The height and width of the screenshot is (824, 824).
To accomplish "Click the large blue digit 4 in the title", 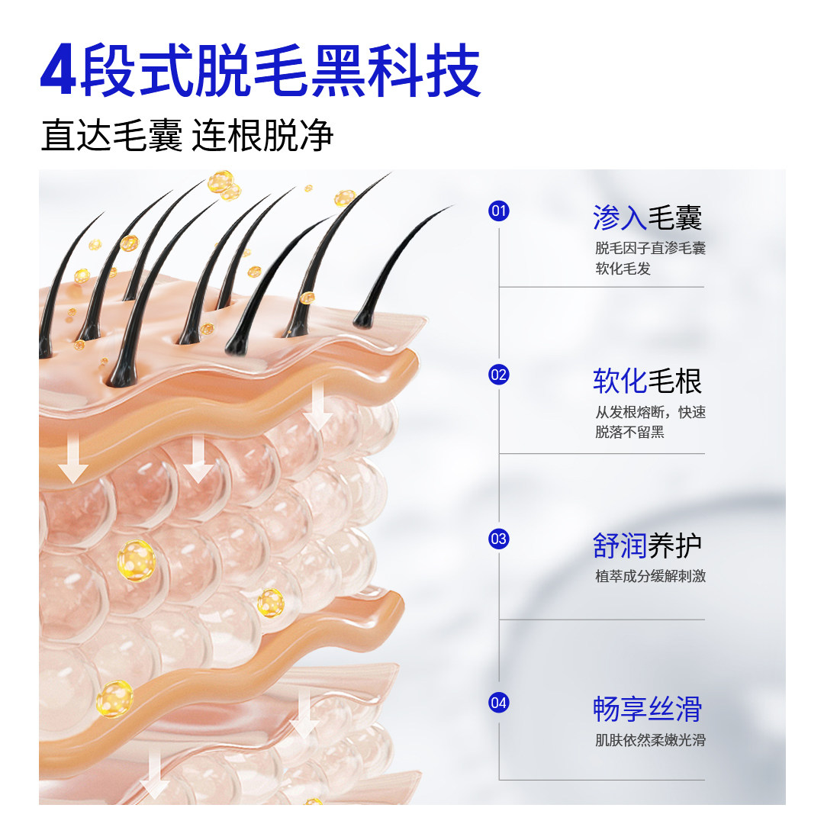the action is coord(59,72).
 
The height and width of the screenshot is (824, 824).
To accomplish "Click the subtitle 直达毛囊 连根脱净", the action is coord(187,136).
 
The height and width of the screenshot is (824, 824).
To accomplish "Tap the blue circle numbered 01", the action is coord(499,211).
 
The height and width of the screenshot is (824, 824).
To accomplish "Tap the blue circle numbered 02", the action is coord(499,375).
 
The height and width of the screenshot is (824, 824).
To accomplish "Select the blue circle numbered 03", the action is coord(499,539).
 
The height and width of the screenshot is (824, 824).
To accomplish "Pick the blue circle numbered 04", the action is coord(499,703).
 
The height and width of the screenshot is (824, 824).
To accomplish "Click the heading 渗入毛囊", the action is coord(647,218).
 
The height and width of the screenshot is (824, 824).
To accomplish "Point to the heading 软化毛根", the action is coord(647,381).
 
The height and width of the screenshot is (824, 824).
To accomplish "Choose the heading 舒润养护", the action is coord(647,546).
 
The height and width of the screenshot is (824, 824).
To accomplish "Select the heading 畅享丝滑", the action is coord(647,710).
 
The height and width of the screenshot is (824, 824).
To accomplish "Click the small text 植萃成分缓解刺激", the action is coord(650,577).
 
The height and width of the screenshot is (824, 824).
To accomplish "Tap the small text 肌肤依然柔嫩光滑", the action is coord(650,740).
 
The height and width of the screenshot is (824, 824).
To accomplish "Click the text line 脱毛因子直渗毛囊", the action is coord(650,249).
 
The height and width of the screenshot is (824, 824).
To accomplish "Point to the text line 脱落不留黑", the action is coord(629,433).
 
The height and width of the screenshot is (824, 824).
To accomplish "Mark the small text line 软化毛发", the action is coord(623,269).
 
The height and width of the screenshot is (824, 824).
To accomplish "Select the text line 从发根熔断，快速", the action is coord(650,413).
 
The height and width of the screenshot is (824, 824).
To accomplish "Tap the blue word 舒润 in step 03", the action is coord(620,546).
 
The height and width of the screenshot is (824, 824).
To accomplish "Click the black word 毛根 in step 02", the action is coord(674,381).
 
